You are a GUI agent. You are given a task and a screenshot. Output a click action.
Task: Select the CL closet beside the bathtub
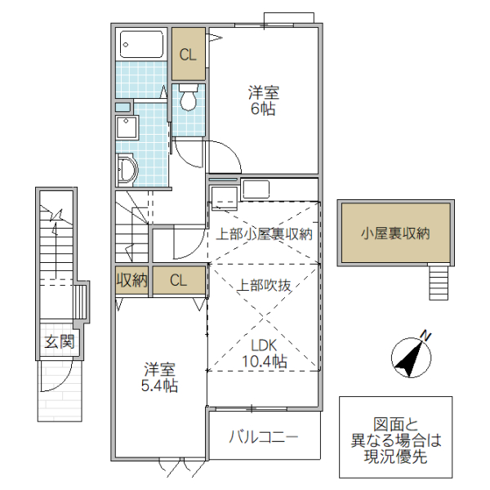[188, 55]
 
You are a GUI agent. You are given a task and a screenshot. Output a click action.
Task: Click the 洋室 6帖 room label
[262, 100]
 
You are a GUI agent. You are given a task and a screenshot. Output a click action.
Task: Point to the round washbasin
[127, 169]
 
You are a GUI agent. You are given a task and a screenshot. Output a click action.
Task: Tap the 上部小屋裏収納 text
[264, 234]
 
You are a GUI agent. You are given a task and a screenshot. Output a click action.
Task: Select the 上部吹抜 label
[265, 286]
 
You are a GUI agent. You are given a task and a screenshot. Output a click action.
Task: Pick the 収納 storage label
[131, 281]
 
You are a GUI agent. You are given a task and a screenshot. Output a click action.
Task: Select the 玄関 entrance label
[60, 341]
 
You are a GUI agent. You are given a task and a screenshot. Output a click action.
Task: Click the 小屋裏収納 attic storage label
[395, 233]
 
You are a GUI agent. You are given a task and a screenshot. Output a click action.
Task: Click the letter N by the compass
[425, 335]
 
